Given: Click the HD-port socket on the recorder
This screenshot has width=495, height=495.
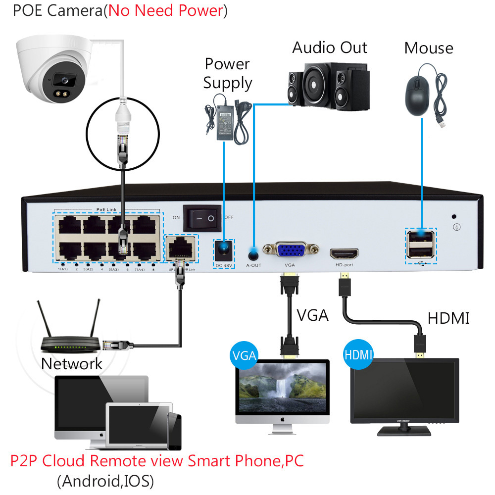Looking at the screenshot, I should [x=344, y=253].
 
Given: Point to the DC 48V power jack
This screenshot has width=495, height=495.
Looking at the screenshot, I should [x=224, y=250].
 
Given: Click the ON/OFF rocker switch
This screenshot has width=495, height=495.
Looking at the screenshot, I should [x=201, y=217].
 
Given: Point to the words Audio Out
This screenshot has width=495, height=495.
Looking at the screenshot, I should [x=329, y=48].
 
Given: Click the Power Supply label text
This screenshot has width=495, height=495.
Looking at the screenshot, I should [x=228, y=73].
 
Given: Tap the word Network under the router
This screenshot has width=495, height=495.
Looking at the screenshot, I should [x=71, y=364].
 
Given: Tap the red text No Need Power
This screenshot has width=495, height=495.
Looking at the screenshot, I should [x=166, y=11].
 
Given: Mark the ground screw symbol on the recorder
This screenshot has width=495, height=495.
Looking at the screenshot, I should [x=457, y=227].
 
